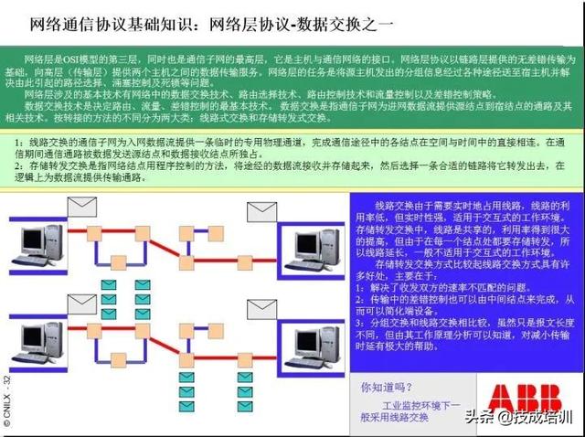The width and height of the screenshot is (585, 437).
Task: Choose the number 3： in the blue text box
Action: click(360, 324)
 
